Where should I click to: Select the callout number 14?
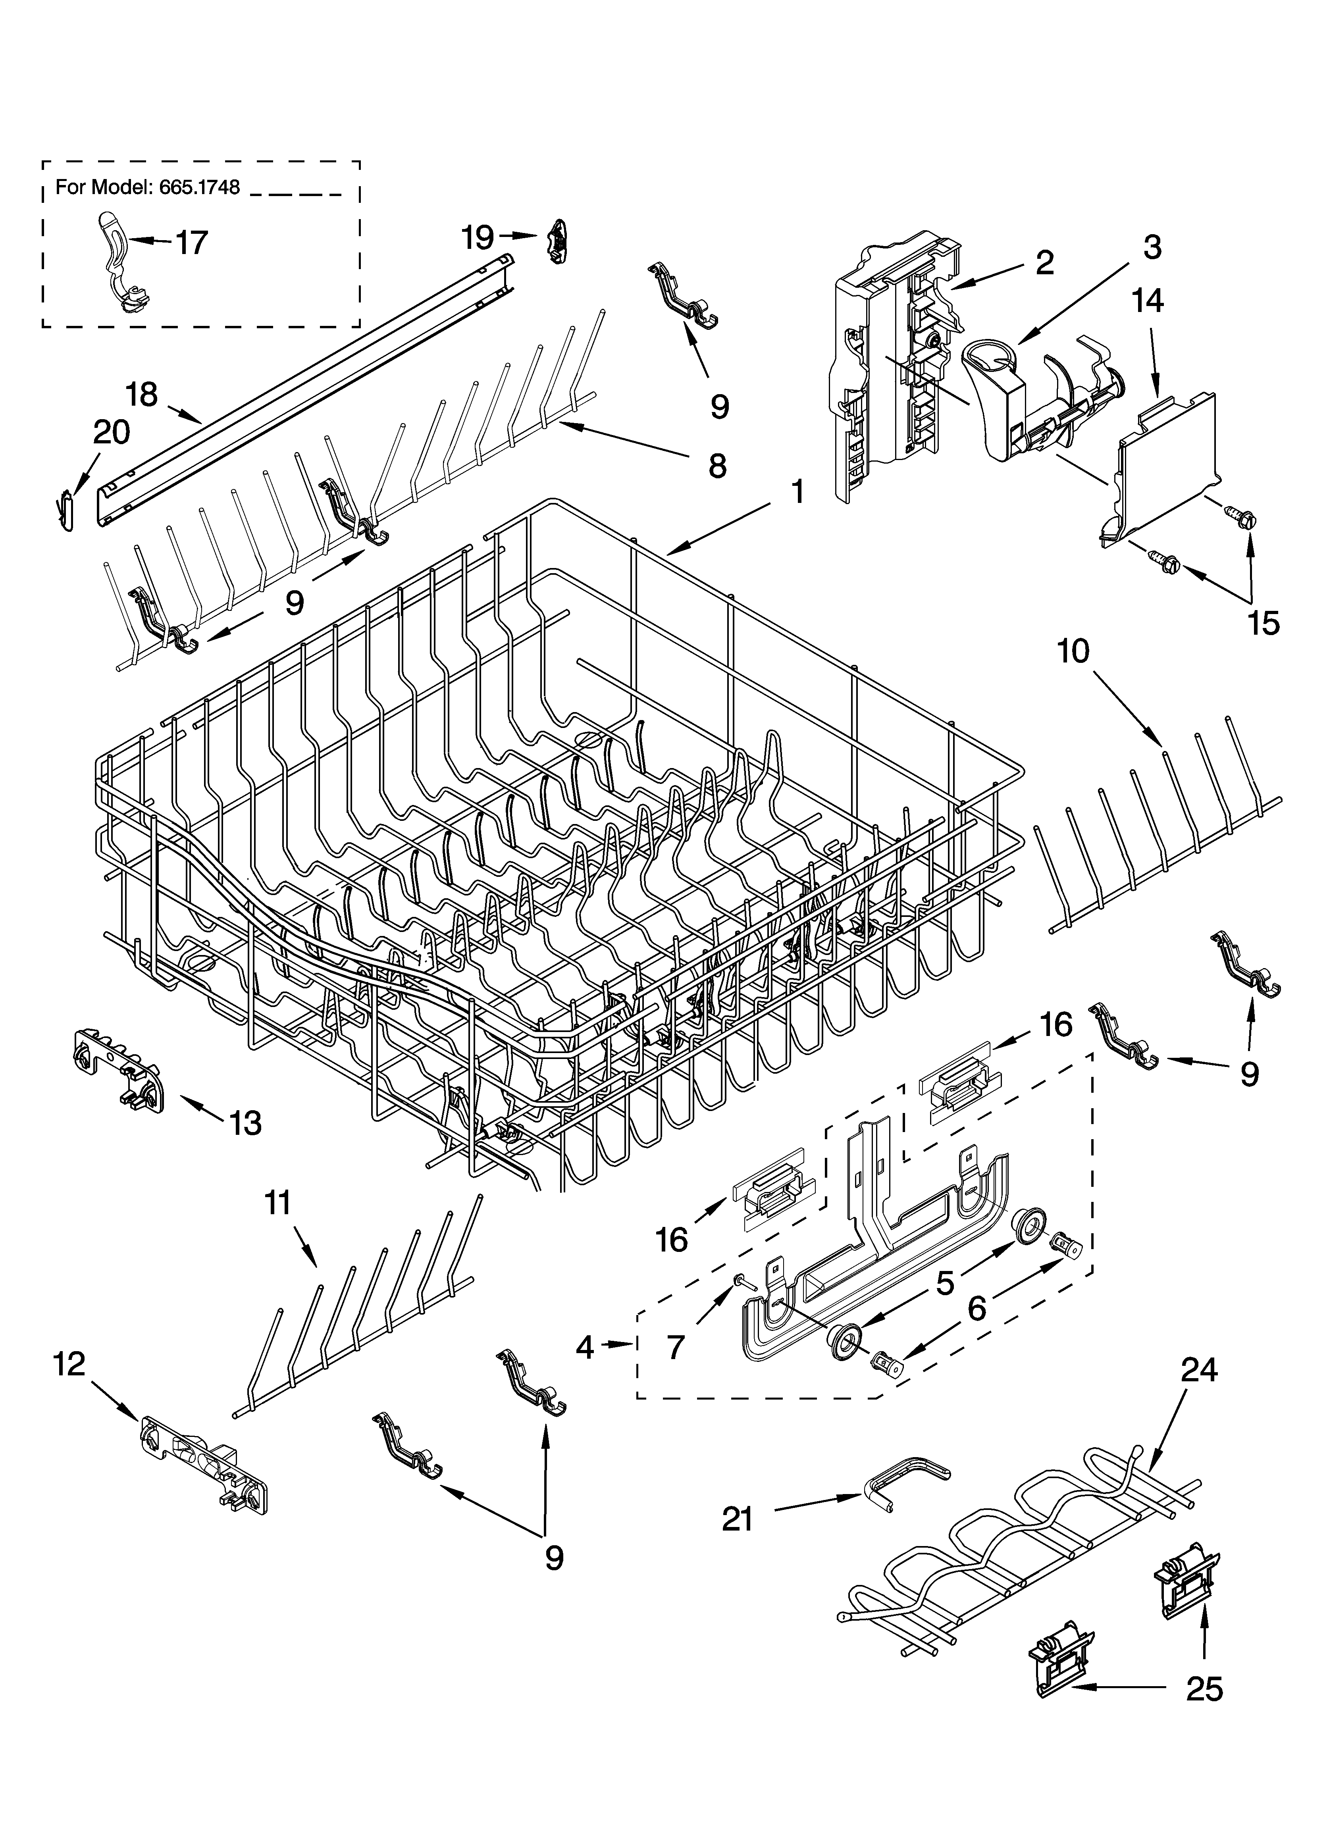1148,301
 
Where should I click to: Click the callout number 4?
584,1347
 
